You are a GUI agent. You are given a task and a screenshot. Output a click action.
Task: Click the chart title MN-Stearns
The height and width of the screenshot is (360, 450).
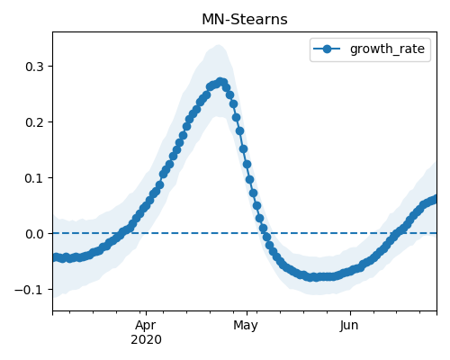(x=245, y=20)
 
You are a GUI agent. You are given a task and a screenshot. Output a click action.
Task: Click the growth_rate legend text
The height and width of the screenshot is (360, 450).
(x=387, y=49)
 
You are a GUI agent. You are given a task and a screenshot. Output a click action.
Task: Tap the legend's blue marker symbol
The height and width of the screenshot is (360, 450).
(x=327, y=49)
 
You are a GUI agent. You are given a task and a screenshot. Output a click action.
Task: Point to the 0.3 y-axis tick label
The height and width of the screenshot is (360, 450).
(x=34, y=67)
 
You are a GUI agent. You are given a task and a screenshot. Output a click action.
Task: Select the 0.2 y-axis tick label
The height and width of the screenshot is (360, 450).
(x=34, y=122)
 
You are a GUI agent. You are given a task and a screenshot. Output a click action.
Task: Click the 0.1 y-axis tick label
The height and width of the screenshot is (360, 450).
(x=34, y=178)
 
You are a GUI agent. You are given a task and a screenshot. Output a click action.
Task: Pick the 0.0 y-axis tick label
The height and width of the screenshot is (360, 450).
(x=34, y=234)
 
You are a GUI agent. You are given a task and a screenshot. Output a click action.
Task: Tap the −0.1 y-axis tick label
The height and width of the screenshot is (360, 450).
(x=29, y=290)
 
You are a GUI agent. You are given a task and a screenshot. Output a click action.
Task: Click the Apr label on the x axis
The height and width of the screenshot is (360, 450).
(x=146, y=325)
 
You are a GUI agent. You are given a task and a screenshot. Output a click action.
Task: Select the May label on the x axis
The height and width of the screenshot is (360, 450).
(x=246, y=325)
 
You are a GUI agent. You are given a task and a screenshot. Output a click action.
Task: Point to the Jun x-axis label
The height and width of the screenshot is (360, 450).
(x=349, y=325)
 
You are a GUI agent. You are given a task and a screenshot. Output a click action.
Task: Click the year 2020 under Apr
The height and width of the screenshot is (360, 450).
(x=146, y=339)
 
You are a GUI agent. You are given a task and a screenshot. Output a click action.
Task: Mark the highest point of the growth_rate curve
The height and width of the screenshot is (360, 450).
(x=220, y=81)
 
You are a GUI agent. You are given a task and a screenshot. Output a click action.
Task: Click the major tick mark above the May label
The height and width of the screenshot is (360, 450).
(x=247, y=313)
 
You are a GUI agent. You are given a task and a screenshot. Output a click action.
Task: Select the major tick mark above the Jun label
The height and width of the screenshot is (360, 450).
(x=350, y=313)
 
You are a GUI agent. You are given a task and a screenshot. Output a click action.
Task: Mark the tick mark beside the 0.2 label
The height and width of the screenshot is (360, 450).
(x=50, y=121)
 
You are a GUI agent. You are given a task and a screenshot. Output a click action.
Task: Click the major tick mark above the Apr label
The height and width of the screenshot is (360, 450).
(x=146, y=313)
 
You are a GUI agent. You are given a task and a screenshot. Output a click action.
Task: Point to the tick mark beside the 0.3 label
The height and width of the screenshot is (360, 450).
(x=50, y=66)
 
